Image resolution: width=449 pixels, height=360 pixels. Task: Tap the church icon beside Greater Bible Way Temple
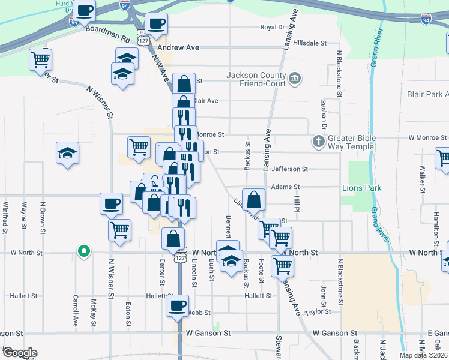point(318,142)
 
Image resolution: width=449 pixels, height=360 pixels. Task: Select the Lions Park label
point(361,188)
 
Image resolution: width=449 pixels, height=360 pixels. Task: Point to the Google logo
point(19,353)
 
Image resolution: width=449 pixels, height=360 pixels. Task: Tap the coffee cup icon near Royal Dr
point(156,24)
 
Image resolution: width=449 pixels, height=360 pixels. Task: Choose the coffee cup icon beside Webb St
point(178,306)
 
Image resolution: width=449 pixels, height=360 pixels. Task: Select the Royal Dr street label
point(272,27)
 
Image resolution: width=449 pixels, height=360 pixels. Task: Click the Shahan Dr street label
point(323,115)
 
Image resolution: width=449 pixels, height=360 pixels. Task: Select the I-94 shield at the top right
point(426,19)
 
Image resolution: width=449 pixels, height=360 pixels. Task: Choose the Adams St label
point(285,187)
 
